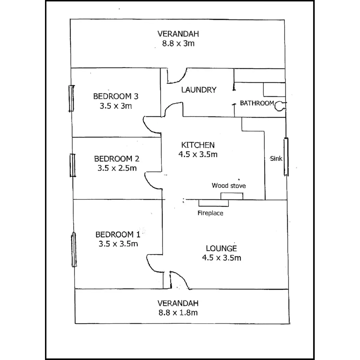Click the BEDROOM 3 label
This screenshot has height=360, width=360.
[116, 96]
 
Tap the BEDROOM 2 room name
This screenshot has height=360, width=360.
[117, 158]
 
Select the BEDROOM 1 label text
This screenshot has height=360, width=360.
[118, 234]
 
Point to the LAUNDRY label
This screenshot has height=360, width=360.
[199, 90]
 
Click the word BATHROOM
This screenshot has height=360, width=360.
[257, 103]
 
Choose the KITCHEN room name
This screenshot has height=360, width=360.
[198, 145]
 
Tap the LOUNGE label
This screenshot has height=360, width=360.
[221, 248]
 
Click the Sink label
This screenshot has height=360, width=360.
[276, 158]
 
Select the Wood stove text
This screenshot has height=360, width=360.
[229, 186]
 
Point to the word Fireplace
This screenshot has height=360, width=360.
[210, 213]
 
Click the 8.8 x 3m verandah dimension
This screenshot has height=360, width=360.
[178, 43]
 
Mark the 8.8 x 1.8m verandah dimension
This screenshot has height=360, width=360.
[178, 313]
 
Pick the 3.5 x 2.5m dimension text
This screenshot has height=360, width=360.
[117, 168]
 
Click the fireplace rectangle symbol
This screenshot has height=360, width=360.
[213, 203]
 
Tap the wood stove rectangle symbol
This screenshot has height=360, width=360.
[232, 196]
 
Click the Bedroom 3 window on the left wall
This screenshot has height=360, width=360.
[71, 98]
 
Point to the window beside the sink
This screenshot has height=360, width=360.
[286, 157]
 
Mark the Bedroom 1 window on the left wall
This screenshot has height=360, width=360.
[73, 250]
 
